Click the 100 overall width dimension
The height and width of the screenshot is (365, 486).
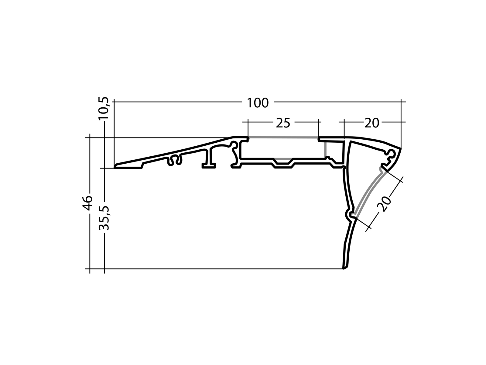pyautogui.click(x=257, y=103)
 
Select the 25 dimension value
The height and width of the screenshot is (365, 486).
pyautogui.click(x=283, y=123)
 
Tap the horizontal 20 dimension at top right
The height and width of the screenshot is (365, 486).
pyautogui.click(x=371, y=123)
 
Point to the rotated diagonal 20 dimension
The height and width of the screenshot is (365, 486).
pyautogui.click(x=384, y=203)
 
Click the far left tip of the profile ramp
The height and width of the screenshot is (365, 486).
pyautogui.click(x=115, y=167)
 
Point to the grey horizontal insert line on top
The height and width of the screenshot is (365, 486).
pyautogui.click(x=283, y=137)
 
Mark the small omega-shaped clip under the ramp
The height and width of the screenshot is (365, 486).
pyautogui.click(x=175, y=160)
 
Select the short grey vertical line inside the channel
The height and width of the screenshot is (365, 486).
pyautogui.click(x=325, y=149)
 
